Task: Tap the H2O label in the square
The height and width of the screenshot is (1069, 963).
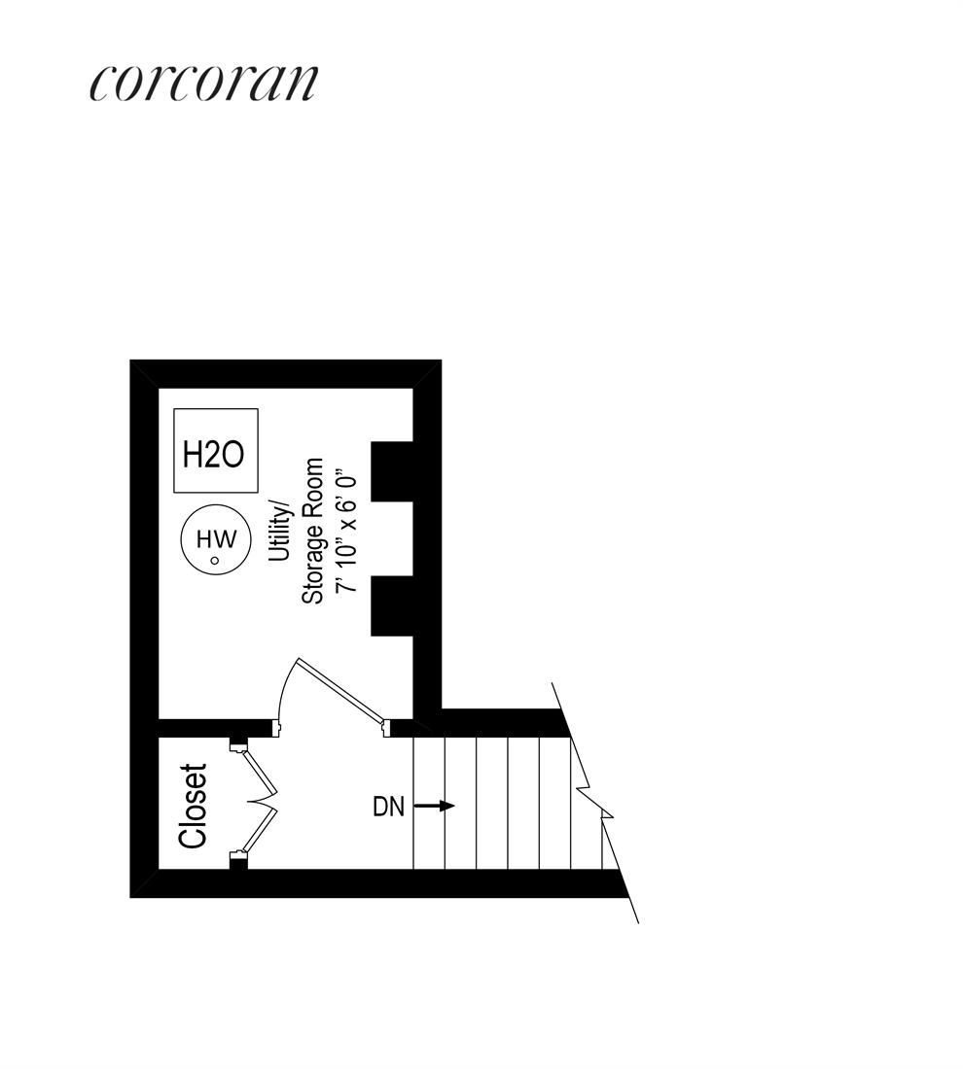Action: pos(214,454)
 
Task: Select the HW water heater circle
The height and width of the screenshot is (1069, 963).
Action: pos(216,540)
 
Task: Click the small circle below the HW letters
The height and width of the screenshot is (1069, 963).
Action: pos(215,560)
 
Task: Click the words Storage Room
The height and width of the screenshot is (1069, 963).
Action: pos(312,531)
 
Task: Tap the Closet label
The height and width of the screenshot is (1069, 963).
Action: pos(194,806)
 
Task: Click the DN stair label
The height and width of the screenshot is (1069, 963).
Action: pos(388,807)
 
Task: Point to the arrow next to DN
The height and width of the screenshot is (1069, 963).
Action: pos(435,806)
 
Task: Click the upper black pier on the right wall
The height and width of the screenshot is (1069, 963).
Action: pos(393,471)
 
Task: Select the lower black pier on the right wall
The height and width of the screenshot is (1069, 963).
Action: pos(393,606)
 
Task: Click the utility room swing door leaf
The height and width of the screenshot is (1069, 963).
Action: pos(340,692)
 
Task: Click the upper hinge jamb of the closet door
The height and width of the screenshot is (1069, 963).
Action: pos(237,746)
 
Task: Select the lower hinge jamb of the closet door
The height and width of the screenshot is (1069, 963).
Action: pos(237,858)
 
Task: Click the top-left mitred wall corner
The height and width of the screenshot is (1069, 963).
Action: pos(144,374)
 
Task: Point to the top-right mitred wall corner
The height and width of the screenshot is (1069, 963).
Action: pos(428,374)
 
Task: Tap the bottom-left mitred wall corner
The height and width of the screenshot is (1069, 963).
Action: pos(144,883)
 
